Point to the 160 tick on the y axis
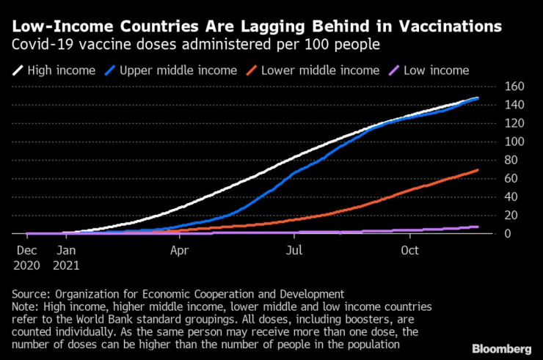(495, 87)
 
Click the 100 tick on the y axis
(495, 142)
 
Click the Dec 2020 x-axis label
(26, 257)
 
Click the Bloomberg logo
(503, 347)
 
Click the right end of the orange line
(478, 170)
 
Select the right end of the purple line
(478, 227)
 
